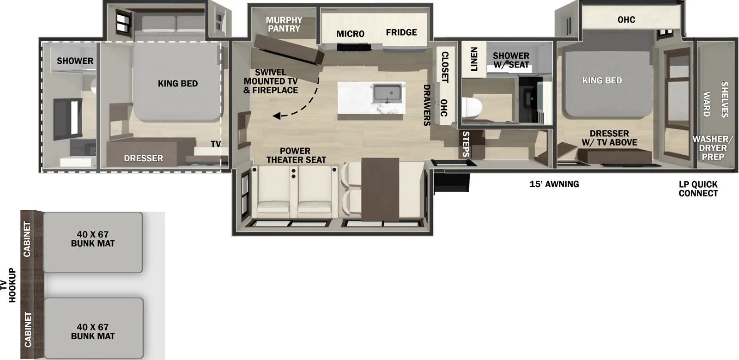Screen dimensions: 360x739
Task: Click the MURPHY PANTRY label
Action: tap(284, 24)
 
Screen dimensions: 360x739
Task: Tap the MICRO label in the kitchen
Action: tap(350, 34)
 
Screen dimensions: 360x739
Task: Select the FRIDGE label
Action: tap(401, 32)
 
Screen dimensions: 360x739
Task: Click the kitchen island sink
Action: tap(387, 93)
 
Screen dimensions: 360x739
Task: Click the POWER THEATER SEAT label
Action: tap(296, 155)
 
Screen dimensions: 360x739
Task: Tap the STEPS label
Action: tap(466, 144)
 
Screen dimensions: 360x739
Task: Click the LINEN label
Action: tap(474, 59)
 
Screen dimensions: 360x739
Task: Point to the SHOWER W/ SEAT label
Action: tap(511, 60)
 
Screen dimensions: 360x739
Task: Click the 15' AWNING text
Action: tap(554, 184)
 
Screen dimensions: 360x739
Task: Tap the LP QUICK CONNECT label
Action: tap(698, 189)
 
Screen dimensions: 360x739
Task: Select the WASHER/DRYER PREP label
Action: tap(712, 148)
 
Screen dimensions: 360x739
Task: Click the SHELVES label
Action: tap(724, 99)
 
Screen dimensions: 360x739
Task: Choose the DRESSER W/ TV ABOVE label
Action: tap(609, 138)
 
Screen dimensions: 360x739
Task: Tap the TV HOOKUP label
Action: tap(8, 285)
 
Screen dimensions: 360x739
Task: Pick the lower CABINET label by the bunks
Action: tap(28, 329)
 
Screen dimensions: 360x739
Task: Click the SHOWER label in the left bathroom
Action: tap(75, 61)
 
